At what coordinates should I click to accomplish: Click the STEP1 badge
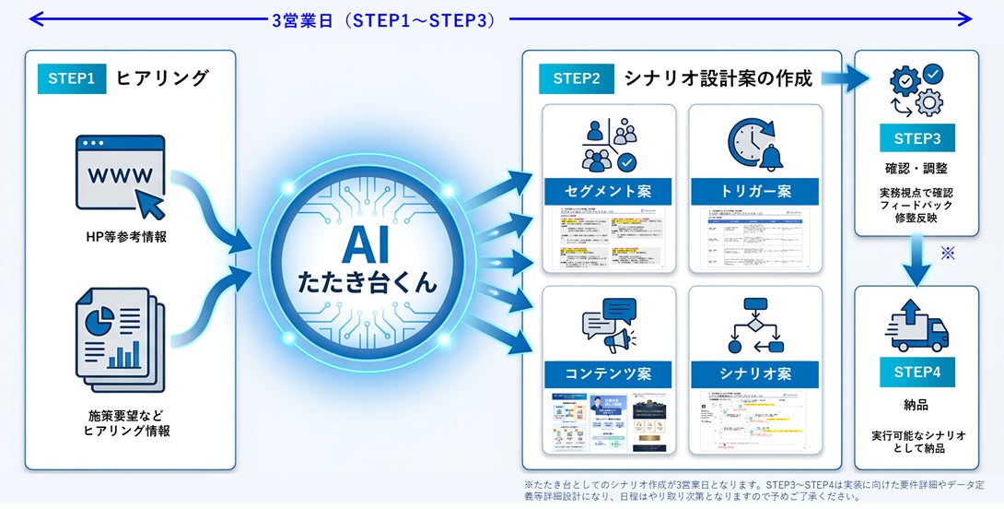tap(71, 79)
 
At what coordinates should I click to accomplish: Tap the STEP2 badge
tap(577, 79)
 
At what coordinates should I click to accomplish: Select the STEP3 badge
tap(916, 139)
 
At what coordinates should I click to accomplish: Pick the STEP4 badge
tap(916, 373)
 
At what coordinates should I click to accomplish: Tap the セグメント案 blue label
tap(609, 192)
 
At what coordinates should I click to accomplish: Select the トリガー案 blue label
tap(755, 192)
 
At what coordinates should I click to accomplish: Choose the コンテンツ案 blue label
tap(609, 374)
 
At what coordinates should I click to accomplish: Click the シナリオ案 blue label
tap(755, 374)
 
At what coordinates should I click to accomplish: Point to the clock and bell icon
tap(755, 144)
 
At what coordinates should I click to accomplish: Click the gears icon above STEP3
tap(916, 90)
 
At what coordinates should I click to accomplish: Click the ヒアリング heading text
tap(162, 79)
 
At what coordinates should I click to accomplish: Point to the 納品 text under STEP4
tap(916, 405)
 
